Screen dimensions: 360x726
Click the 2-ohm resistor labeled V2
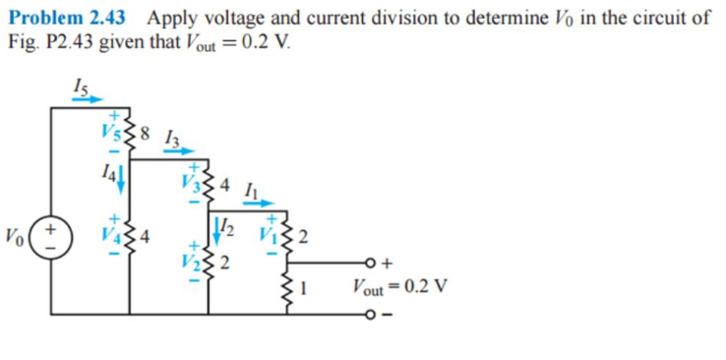click(x=210, y=262)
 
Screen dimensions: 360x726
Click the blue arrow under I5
click(x=88, y=99)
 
